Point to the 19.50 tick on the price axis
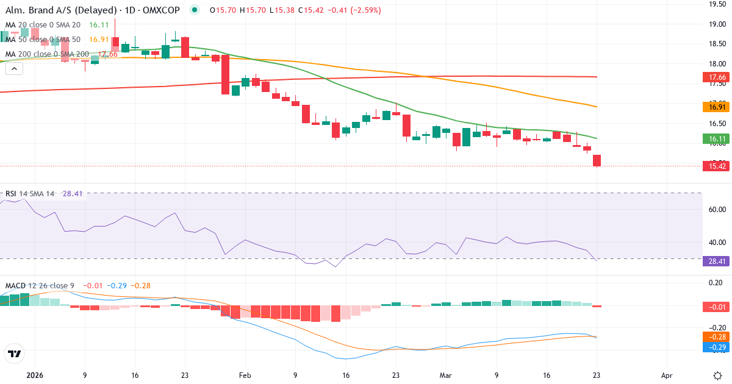[716, 4]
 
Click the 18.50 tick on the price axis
[716, 44]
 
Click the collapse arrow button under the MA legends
[14, 69]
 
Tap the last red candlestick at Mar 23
[597, 160]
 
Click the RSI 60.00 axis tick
[716, 209]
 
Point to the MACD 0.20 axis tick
[716, 282]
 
